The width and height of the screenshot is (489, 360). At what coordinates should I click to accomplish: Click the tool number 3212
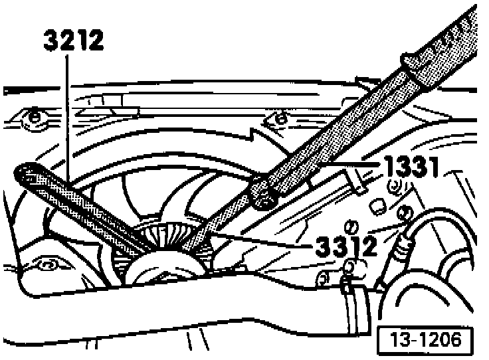tap(74, 41)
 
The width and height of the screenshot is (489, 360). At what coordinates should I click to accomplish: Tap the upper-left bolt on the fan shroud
tap(34, 119)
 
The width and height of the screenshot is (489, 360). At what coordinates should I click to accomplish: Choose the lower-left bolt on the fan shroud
tap(47, 265)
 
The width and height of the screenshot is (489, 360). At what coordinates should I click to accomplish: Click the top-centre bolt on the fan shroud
tap(280, 119)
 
